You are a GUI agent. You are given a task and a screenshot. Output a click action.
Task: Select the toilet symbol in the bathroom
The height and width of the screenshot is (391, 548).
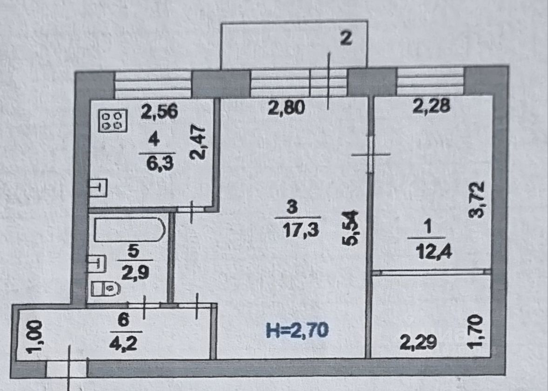[105, 289]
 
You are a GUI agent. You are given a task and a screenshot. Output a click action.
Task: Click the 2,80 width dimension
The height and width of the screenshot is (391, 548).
[286, 108]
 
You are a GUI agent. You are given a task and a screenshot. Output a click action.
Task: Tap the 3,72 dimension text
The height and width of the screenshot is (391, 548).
[479, 199]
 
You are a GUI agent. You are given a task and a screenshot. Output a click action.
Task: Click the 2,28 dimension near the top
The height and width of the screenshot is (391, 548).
[432, 107]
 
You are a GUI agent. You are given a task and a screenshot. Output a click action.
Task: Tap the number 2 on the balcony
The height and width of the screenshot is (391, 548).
[345, 39]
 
